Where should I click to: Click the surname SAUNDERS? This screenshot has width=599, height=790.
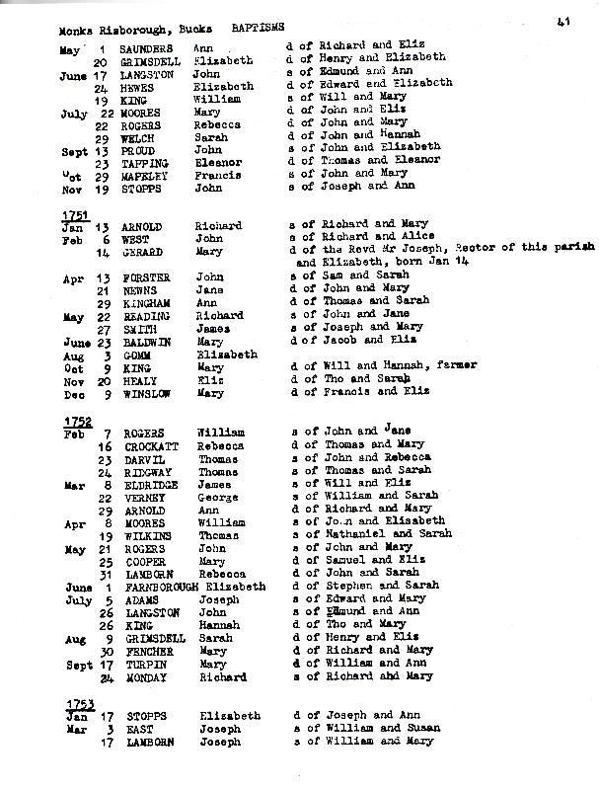point(145,46)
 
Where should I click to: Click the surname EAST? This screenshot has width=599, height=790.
point(135,729)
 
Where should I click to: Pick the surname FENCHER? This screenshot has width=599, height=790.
point(147,651)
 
